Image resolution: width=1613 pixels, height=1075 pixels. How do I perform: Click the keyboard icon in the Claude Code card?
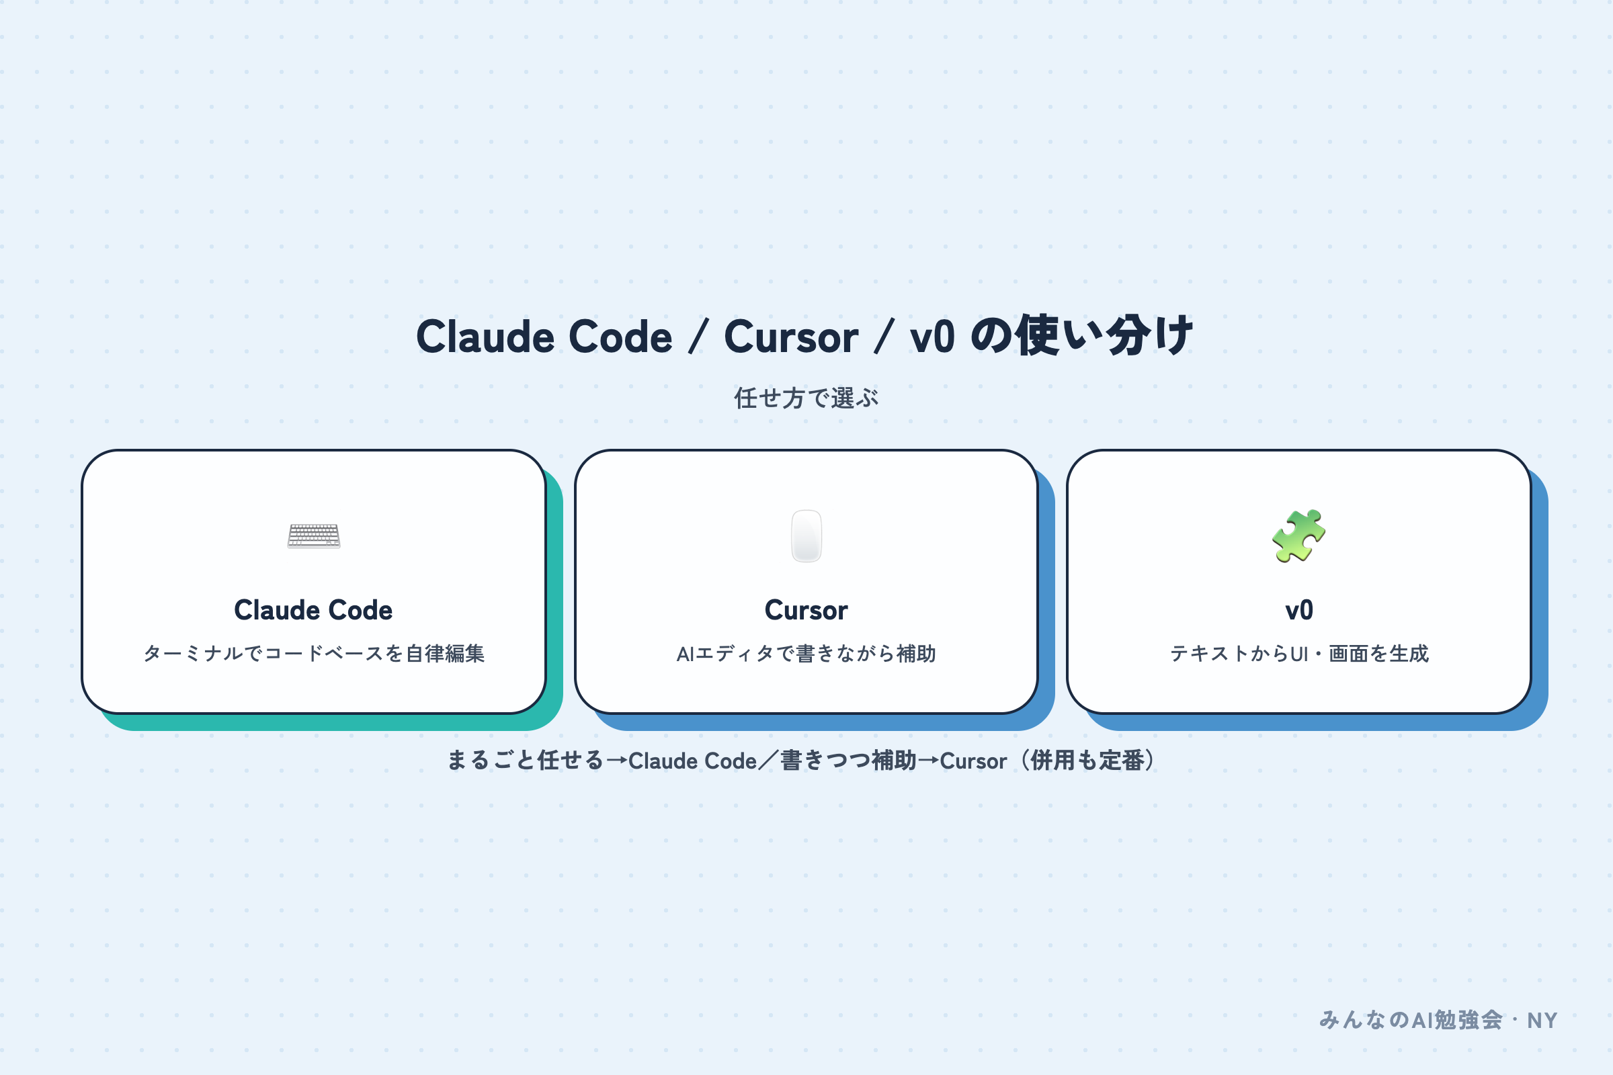(x=313, y=536)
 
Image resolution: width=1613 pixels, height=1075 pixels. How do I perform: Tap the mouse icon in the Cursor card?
(x=806, y=536)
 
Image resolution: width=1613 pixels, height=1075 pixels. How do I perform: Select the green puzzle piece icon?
(x=1298, y=536)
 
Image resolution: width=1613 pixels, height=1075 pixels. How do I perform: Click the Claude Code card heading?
(x=313, y=610)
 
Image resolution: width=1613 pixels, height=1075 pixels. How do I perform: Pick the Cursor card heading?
(x=806, y=610)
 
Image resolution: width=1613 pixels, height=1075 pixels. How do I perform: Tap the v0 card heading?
(x=1299, y=610)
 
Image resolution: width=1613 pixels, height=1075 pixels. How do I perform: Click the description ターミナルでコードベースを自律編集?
(x=314, y=653)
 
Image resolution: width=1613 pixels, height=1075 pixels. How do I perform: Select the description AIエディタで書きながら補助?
(x=806, y=653)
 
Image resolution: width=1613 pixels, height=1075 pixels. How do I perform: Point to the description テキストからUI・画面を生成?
(x=1299, y=653)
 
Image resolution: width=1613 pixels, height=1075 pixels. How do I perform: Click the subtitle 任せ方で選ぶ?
(x=806, y=398)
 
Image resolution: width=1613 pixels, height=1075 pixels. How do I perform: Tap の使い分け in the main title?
(x=1082, y=335)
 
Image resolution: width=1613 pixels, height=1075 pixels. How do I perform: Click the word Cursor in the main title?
(x=791, y=337)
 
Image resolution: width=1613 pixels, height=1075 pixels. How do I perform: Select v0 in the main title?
(x=932, y=337)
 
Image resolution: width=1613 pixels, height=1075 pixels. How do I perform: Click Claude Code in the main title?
(x=544, y=337)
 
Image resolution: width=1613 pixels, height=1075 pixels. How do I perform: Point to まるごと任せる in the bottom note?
(x=526, y=761)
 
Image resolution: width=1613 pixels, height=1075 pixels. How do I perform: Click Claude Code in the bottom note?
(x=693, y=761)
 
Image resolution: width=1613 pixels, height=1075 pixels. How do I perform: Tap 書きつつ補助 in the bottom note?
(x=848, y=761)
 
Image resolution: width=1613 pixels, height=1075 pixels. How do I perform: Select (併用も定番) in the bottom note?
(x=1087, y=761)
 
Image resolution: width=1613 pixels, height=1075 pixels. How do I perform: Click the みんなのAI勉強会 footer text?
(x=1411, y=1020)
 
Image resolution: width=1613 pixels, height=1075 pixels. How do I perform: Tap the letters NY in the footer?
(x=1542, y=1021)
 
